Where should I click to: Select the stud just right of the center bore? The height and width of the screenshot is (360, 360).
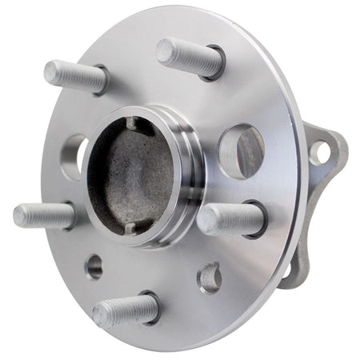click(231, 218)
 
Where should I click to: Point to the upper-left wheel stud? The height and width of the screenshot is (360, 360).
click(77, 76)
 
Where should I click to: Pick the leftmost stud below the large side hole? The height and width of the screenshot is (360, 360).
click(44, 215)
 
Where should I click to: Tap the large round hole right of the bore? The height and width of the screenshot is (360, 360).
click(239, 150)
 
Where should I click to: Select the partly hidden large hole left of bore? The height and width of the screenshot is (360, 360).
click(74, 155)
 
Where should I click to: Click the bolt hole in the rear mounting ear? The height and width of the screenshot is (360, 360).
click(319, 150)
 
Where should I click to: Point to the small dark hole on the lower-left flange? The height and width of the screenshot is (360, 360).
click(94, 266)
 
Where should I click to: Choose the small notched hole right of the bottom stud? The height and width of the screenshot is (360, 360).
click(209, 277)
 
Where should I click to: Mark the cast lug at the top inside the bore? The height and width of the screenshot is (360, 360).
click(133, 124)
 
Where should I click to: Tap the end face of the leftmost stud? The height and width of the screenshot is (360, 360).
click(20, 215)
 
